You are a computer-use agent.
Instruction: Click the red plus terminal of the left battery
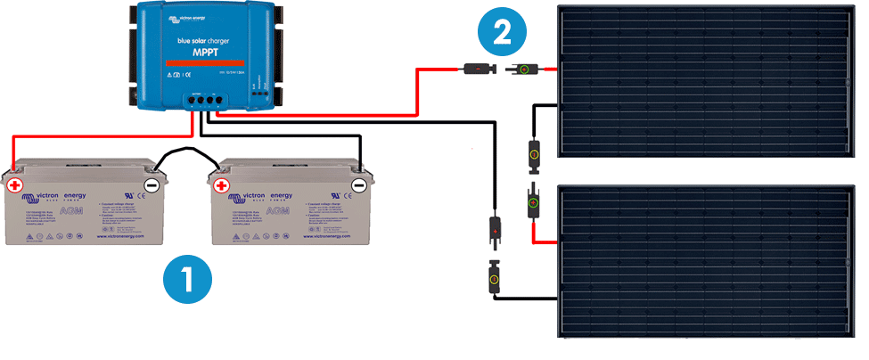(x=15, y=185)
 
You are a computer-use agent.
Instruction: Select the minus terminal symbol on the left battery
(x=152, y=185)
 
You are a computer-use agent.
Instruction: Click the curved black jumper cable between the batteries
(x=186, y=152)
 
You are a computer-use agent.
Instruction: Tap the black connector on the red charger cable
(x=475, y=68)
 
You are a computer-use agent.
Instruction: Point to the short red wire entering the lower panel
(x=545, y=241)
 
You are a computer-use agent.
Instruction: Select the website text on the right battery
(x=326, y=235)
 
